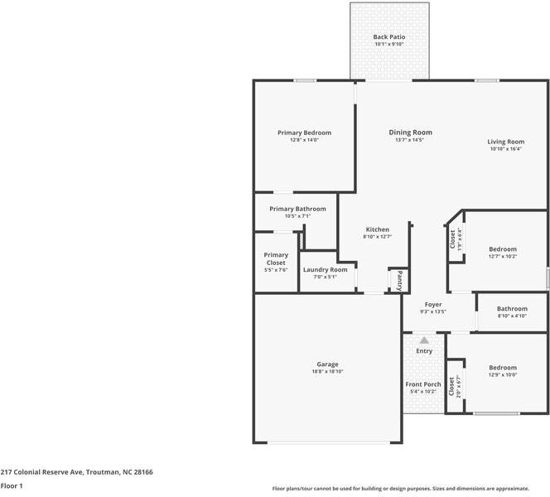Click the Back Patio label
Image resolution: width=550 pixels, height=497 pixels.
[x=389, y=36]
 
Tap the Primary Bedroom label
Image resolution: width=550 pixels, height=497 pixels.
[x=305, y=133]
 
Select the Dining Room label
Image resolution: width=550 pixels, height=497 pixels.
[x=410, y=133]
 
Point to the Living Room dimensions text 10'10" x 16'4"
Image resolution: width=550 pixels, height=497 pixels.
[x=506, y=149]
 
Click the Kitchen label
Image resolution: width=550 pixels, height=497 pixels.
[x=378, y=229]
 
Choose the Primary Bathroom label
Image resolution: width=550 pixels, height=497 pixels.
[x=298, y=209]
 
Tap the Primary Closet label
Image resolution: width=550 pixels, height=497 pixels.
[x=276, y=258]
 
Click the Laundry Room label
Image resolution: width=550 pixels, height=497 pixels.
[x=326, y=270]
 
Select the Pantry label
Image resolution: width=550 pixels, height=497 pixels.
[x=399, y=281]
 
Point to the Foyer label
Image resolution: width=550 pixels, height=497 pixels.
[x=433, y=305]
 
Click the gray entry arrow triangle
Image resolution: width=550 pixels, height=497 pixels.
[x=424, y=340]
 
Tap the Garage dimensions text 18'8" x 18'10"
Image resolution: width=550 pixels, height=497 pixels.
[x=328, y=371]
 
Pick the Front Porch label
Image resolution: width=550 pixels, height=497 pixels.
[x=423, y=384]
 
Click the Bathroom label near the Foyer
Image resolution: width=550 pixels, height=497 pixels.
[x=512, y=309]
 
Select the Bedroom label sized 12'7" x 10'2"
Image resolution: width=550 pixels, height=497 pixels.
[x=503, y=249]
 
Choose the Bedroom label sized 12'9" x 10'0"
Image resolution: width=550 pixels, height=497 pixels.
[x=503, y=368]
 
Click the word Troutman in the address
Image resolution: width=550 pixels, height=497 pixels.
[x=103, y=472]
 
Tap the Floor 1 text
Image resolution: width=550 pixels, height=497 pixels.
[x=12, y=485]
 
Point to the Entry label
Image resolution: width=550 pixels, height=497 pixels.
[x=424, y=351]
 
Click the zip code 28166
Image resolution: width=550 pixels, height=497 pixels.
[x=143, y=472]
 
